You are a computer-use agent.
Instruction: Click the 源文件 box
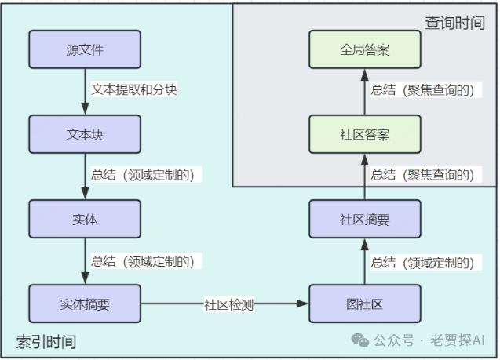point(85,49)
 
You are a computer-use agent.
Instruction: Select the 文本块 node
point(85,134)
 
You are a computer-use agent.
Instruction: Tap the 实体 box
point(85,219)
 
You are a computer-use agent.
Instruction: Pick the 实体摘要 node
point(85,304)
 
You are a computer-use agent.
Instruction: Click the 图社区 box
point(365,304)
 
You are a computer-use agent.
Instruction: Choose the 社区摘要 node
point(365,219)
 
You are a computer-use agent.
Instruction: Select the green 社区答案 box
point(365,134)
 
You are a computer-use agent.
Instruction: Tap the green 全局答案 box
point(365,49)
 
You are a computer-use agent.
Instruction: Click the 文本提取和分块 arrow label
point(134,89)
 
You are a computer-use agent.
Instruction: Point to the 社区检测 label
point(228,304)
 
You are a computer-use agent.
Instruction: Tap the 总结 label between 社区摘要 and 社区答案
point(422,175)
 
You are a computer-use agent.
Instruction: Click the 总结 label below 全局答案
point(422,90)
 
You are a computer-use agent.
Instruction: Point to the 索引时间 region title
point(46,341)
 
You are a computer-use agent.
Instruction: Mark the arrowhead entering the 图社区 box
point(304,304)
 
